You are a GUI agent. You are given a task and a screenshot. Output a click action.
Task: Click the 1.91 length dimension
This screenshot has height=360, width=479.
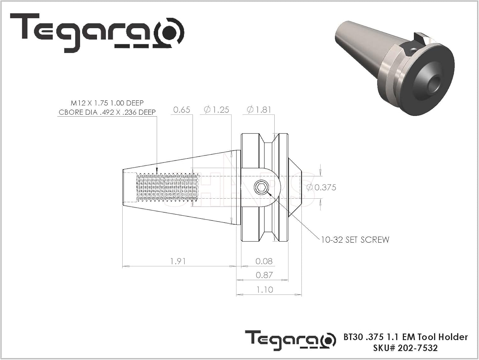coord(178,261)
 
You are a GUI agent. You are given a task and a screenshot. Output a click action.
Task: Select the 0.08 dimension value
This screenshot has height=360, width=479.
coord(264,261)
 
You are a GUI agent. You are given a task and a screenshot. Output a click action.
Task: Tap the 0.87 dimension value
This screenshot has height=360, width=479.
coord(264,275)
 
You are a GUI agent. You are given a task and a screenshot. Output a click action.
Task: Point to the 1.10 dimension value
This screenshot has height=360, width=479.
coord(265,290)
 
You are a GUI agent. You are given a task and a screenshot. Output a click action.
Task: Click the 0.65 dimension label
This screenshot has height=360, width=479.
coord(182,110)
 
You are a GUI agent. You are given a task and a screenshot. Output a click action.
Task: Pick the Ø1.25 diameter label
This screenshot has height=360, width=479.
coord(217,110)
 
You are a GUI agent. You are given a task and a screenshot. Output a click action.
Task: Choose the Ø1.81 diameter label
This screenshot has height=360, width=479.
coord(259,110)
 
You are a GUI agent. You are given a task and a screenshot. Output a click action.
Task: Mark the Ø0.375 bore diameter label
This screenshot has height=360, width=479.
coord(322,188)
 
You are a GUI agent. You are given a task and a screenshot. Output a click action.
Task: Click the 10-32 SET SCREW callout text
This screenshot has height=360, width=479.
coord(355,240)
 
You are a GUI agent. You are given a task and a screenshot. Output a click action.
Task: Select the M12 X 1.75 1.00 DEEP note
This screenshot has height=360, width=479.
coord(107,103)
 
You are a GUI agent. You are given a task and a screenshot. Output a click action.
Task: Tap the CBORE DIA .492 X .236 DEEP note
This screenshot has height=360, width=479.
coord(107,112)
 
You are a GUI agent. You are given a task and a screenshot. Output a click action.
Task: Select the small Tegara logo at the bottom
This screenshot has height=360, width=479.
coord(290,341)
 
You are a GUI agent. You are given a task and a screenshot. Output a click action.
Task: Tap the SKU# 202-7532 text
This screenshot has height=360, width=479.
coord(405,348)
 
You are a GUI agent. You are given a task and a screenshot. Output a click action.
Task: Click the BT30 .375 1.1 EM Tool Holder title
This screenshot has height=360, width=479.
coord(406,337)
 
